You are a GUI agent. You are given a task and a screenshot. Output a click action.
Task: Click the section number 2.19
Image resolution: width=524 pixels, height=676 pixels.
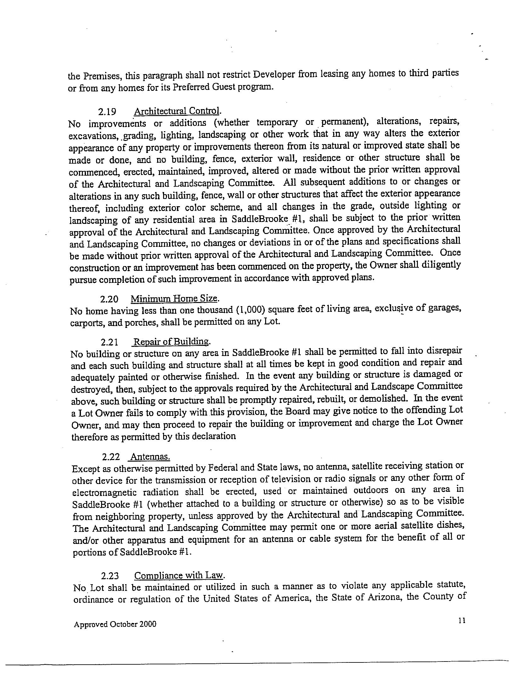click(x=107, y=112)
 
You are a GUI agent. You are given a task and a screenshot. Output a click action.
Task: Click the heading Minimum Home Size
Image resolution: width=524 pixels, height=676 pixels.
click(x=174, y=298)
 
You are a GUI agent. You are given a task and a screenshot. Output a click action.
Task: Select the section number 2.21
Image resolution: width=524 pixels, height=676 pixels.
click(x=110, y=342)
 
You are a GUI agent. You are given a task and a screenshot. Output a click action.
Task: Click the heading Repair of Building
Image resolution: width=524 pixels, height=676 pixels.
click(x=172, y=342)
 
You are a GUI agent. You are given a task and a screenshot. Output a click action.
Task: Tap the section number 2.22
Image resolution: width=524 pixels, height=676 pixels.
click(x=111, y=457)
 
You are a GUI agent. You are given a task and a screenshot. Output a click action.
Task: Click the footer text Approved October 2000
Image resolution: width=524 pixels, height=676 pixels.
click(x=115, y=624)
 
